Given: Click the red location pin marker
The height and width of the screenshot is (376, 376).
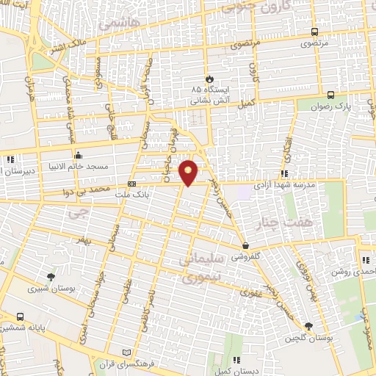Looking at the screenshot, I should tap(189, 172).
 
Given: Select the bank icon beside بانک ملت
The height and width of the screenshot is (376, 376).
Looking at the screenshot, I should tap(132, 184).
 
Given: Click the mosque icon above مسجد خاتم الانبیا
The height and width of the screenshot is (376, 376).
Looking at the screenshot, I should tap(78, 156).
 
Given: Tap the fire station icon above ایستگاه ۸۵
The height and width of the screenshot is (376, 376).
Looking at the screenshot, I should tap(209, 78).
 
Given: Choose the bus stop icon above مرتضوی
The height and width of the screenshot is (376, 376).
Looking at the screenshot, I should tap(314, 32).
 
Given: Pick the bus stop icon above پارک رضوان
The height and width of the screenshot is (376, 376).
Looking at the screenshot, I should tap(330, 95).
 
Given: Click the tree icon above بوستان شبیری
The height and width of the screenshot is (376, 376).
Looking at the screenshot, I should tap(50, 278).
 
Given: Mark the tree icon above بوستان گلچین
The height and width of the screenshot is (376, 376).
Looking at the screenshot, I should tap(308, 326).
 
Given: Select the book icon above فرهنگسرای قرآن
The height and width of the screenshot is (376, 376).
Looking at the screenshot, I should tap(130, 352).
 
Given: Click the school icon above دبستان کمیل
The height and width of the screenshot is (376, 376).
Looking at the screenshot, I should tap(236, 359).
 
